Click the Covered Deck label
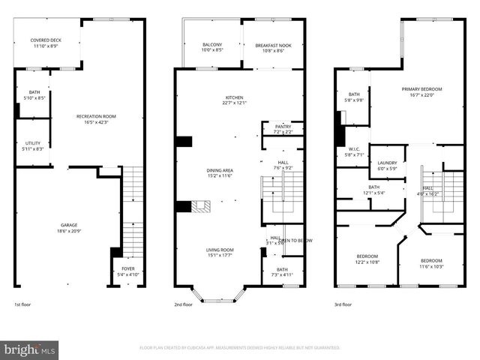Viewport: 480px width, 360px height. [45, 43]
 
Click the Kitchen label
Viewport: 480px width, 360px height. [235, 100]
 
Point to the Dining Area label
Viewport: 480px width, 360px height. [220, 173]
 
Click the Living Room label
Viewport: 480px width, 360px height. [220, 252]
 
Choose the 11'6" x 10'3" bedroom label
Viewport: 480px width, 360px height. [431, 263]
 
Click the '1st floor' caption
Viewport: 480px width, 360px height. [23, 305]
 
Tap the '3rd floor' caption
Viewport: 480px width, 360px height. [343, 305]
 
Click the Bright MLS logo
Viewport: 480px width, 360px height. [30, 349]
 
